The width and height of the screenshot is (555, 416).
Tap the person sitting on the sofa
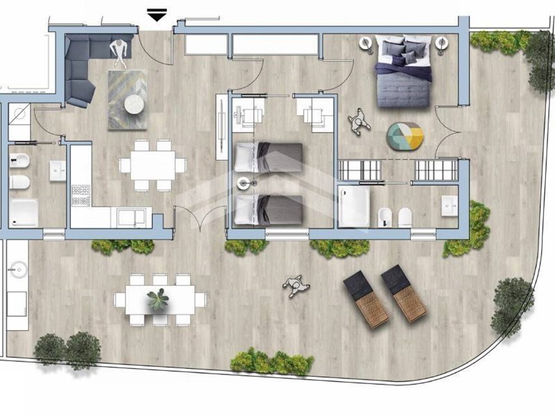click(121, 51)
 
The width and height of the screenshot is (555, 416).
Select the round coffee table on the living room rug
click(133, 105)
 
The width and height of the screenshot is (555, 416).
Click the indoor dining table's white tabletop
click(152, 165)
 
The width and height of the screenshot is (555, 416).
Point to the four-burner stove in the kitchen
click(81, 195)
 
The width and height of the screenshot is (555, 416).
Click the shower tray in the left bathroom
click(24, 212)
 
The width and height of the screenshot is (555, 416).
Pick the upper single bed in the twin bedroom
click(268, 157)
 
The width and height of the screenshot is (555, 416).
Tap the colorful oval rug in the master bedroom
click(404, 136)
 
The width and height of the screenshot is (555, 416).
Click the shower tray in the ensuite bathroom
click(356, 206)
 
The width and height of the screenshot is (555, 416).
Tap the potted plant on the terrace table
click(158, 300)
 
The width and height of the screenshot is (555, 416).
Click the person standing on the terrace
click(296, 285)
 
